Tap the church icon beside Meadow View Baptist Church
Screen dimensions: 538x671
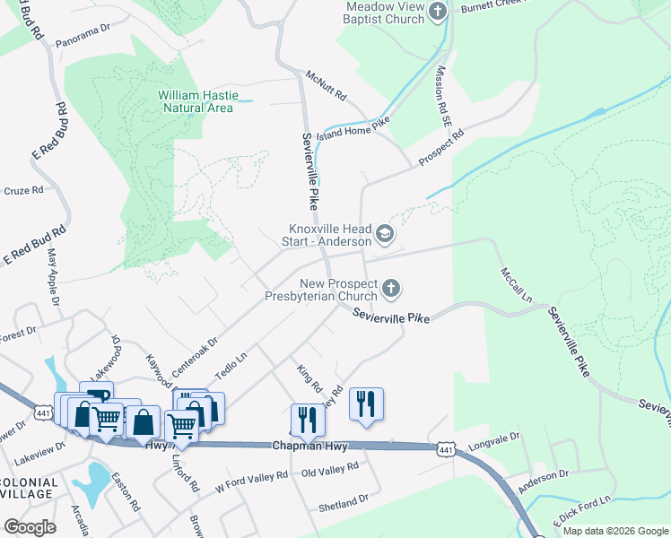click(x=438, y=12)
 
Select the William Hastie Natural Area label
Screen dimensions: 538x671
click(x=196, y=101)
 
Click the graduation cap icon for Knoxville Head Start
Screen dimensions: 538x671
click(x=385, y=235)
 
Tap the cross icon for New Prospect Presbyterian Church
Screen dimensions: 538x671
click(x=390, y=288)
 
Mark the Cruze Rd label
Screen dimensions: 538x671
click(x=23, y=190)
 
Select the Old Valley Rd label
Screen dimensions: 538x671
click(x=330, y=467)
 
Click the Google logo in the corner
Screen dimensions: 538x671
click(x=30, y=526)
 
